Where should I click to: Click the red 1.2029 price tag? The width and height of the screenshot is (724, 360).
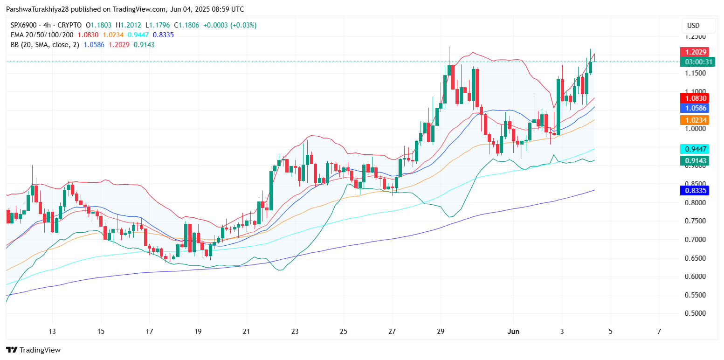[x=694, y=52]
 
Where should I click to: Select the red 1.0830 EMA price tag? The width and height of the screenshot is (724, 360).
[x=694, y=98]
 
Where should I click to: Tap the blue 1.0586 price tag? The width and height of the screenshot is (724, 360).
[x=694, y=108]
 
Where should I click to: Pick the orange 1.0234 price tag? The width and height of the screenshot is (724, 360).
[x=694, y=120]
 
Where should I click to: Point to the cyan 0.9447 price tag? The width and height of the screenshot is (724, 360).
[x=694, y=149]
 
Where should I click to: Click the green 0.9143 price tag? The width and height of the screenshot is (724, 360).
[x=694, y=161]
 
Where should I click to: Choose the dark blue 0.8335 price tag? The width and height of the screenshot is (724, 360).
[x=694, y=190]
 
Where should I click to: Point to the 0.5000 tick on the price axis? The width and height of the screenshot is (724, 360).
[x=694, y=313]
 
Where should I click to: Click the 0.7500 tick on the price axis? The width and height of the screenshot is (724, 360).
[x=694, y=221]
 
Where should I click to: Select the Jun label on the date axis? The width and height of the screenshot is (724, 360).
[x=513, y=332]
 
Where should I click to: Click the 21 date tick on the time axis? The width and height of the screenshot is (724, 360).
[x=247, y=332]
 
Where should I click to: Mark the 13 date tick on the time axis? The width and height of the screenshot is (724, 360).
[x=52, y=332]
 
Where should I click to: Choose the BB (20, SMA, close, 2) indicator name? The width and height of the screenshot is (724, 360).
[x=43, y=45]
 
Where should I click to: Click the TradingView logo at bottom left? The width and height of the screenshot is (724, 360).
[x=33, y=350]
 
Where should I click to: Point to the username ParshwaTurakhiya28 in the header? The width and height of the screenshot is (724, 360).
[x=38, y=9]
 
